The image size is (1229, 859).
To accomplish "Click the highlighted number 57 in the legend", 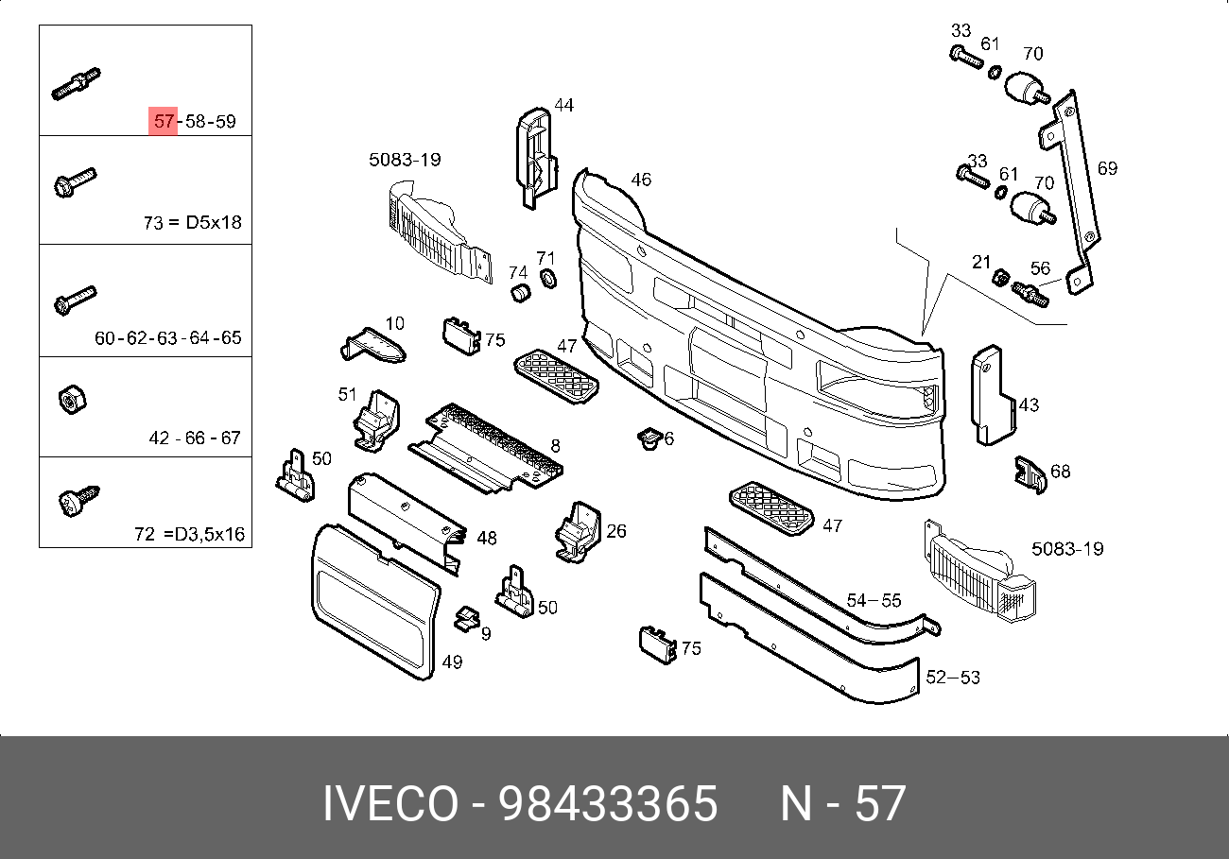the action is click(164, 122).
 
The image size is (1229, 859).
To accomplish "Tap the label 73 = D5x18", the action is click(193, 223).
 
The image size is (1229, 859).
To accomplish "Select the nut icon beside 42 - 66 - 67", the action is click(70, 401).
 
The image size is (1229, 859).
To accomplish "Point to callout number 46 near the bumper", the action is click(641, 180).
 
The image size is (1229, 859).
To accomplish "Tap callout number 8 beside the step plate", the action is click(556, 445).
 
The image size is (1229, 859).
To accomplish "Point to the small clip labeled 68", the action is click(1028, 474).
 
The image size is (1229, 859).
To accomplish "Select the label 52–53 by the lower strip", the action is click(953, 678).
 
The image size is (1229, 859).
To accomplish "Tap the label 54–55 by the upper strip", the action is click(874, 600).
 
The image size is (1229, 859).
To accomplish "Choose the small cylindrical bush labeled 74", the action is click(519, 293).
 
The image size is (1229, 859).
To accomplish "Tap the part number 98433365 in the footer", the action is click(609, 805).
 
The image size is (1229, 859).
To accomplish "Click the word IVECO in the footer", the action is click(391, 805).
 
